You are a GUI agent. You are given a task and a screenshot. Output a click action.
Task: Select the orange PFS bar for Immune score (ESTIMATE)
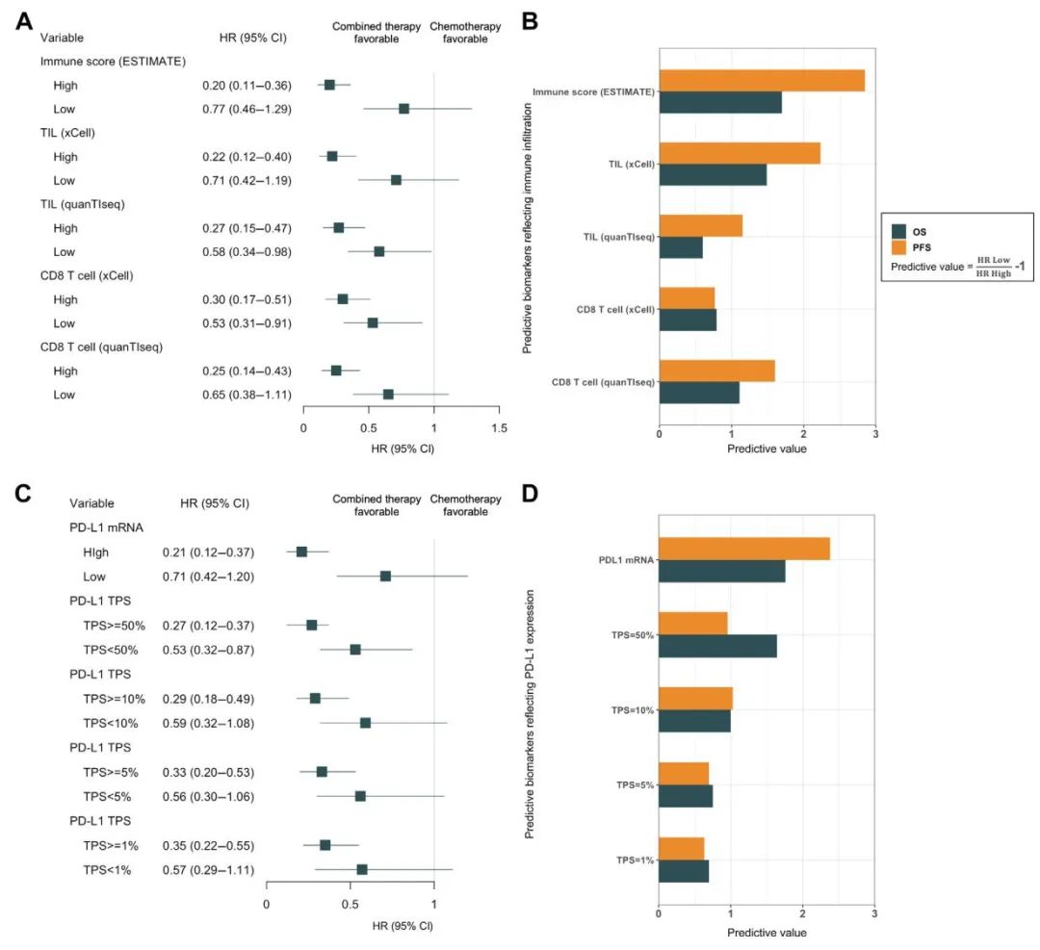point(761,81)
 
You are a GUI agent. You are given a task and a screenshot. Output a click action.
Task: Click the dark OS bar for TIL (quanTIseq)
point(680,246)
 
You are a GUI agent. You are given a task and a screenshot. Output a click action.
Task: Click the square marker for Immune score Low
point(403,109)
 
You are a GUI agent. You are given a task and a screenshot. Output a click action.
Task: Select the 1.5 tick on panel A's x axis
point(498,427)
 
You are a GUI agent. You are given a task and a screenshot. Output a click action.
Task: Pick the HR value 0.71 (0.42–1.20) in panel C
point(207,577)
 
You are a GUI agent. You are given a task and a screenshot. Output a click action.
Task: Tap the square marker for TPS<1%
point(362,869)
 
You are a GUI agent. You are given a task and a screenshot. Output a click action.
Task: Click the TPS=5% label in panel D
point(635,784)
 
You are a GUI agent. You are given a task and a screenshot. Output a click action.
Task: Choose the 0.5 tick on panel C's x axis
point(350,905)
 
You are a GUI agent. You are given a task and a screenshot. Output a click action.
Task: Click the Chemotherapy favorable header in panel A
point(465,33)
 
